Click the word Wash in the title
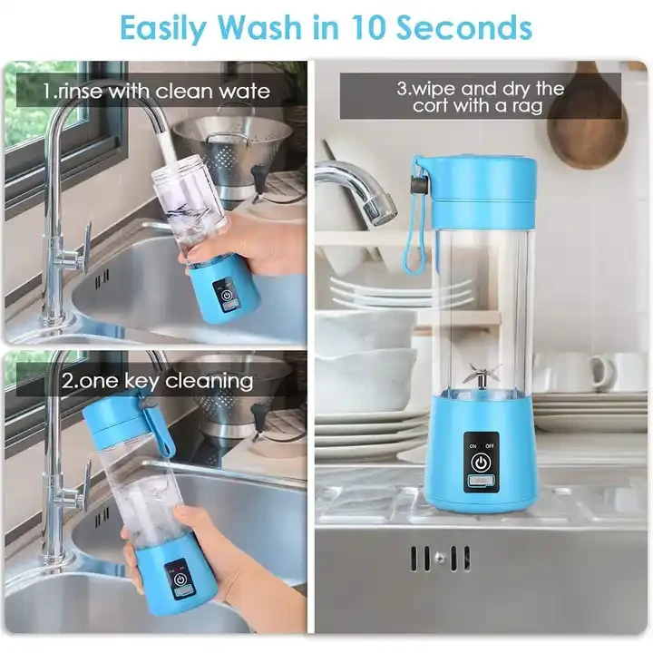tap(258, 27)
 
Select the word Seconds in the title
tap(463, 27)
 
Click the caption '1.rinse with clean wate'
tap(157, 91)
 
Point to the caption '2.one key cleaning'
tap(157, 381)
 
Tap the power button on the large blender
tap(481, 463)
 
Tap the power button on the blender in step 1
tap(225, 296)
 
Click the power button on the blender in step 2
tap(180, 580)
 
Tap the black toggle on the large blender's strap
tap(419, 183)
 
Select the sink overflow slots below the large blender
tap(440, 558)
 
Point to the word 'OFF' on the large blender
tap(490, 445)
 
